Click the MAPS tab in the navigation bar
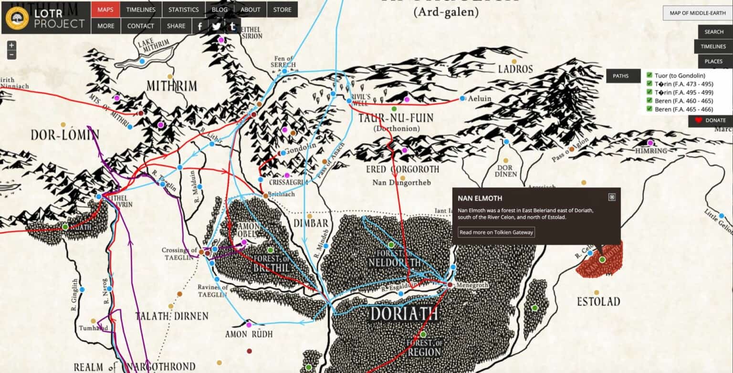(x=105, y=10)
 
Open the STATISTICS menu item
(x=183, y=10)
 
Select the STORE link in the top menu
(x=283, y=10)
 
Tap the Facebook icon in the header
(x=200, y=26)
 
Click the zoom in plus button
(x=11, y=45)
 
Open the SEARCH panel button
(x=714, y=32)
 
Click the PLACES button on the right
(x=714, y=61)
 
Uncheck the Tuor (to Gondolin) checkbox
(x=649, y=75)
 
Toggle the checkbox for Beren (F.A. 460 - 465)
(x=649, y=101)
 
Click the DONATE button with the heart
(x=711, y=121)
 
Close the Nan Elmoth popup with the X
(x=612, y=197)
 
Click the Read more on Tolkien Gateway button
(x=496, y=232)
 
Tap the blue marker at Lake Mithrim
(x=142, y=62)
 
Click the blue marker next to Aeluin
(x=462, y=98)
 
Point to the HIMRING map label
(x=651, y=151)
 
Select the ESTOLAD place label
(x=598, y=302)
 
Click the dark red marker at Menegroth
(x=450, y=285)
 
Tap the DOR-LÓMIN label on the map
(x=65, y=135)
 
